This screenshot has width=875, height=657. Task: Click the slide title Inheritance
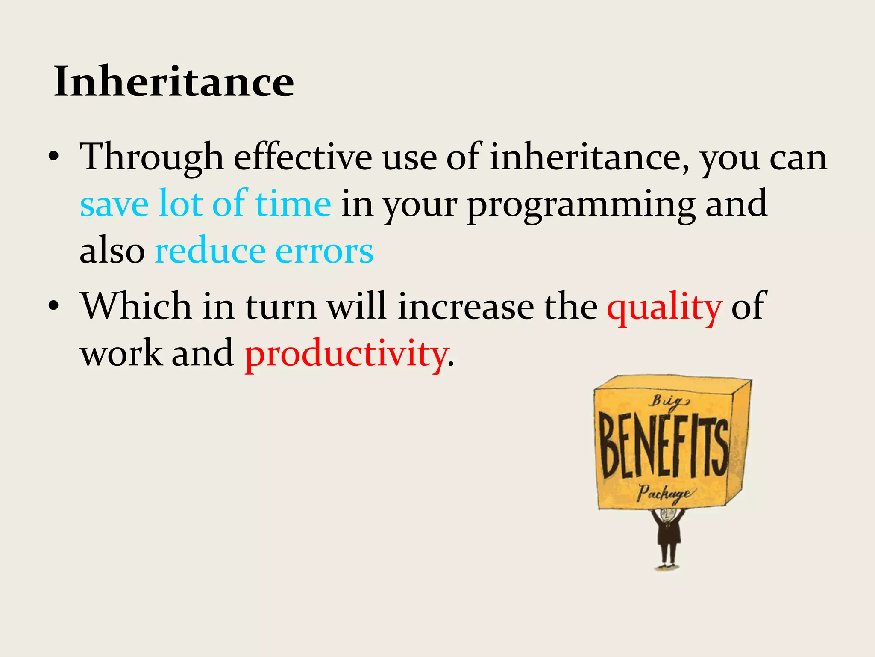[174, 81]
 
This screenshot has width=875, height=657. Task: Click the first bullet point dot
[53, 157]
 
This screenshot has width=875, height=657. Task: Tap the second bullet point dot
[53, 306]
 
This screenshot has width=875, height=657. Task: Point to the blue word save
[114, 204]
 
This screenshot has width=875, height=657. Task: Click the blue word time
[293, 204]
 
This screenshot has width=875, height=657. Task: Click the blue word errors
[324, 252]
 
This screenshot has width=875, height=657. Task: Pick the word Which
[136, 306]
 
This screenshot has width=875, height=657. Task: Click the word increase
[466, 307]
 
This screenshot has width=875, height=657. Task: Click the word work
[121, 354]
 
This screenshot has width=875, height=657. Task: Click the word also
[112, 251]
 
